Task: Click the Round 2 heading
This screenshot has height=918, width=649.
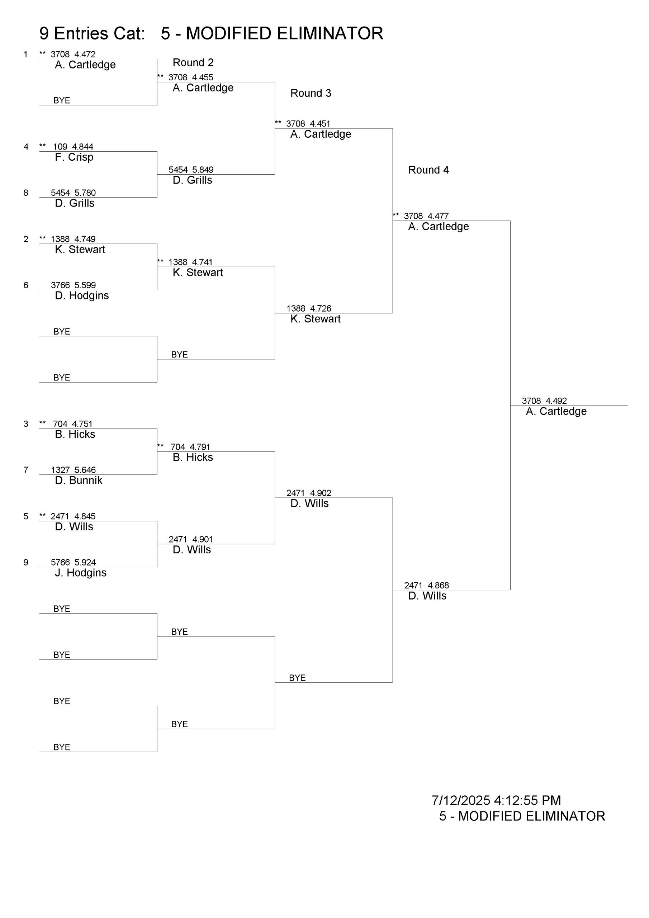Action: pyautogui.click(x=193, y=63)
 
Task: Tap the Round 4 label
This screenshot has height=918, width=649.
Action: pyautogui.click(x=428, y=170)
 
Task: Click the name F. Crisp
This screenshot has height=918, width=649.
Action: pyautogui.click(x=74, y=157)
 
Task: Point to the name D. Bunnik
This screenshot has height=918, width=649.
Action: pyautogui.click(x=79, y=480)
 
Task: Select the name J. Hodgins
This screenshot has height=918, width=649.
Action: pyautogui.click(x=80, y=573)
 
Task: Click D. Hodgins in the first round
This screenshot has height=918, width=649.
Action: pyautogui.click(x=82, y=295)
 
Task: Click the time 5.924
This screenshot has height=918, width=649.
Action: pyautogui.click(x=85, y=562)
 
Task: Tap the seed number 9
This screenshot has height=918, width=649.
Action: pyautogui.click(x=26, y=562)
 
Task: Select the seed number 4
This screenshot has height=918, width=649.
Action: pyautogui.click(x=26, y=147)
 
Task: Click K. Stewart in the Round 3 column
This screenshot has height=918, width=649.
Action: pyautogui.click(x=315, y=319)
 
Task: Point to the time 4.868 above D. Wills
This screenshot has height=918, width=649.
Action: pyautogui.click(x=438, y=585)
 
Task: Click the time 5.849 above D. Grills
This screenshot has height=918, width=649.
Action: pyautogui.click(x=203, y=170)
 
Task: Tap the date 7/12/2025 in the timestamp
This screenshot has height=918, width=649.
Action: pyautogui.click(x=461, y=800)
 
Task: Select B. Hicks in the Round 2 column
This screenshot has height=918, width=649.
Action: pyautogui.click(x=193, y=458)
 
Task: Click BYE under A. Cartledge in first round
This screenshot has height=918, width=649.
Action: pyautogui.click(x=62, y=100)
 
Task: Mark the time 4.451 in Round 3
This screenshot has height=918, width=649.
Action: pyautogui.click(x=320, y=124)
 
